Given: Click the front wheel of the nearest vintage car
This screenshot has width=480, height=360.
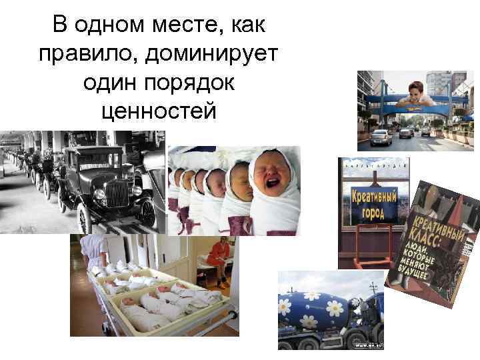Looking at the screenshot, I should [x=85, y=216].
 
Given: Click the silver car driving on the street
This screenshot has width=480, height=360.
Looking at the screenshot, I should [x=381, y=137].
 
